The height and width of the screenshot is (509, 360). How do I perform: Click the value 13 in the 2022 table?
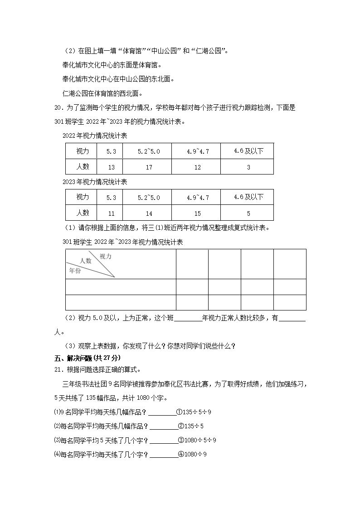[112, 167]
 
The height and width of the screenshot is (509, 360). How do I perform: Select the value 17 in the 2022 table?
[149, 167]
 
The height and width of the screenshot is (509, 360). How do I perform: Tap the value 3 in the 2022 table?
[248, 167]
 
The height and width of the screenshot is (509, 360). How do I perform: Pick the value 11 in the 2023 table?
[112, 213]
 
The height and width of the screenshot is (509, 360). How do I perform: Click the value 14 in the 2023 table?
[149, 213]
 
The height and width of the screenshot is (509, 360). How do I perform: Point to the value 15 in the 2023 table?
[198, 213]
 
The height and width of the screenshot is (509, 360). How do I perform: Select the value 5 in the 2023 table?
[248, 213]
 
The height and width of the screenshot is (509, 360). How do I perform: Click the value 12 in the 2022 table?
[198, 167]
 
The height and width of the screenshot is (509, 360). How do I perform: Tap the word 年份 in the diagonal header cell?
[75, 270]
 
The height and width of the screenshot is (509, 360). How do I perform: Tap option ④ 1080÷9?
[192, 454]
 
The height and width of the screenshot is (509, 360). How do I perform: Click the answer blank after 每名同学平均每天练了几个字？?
[164, 455]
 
